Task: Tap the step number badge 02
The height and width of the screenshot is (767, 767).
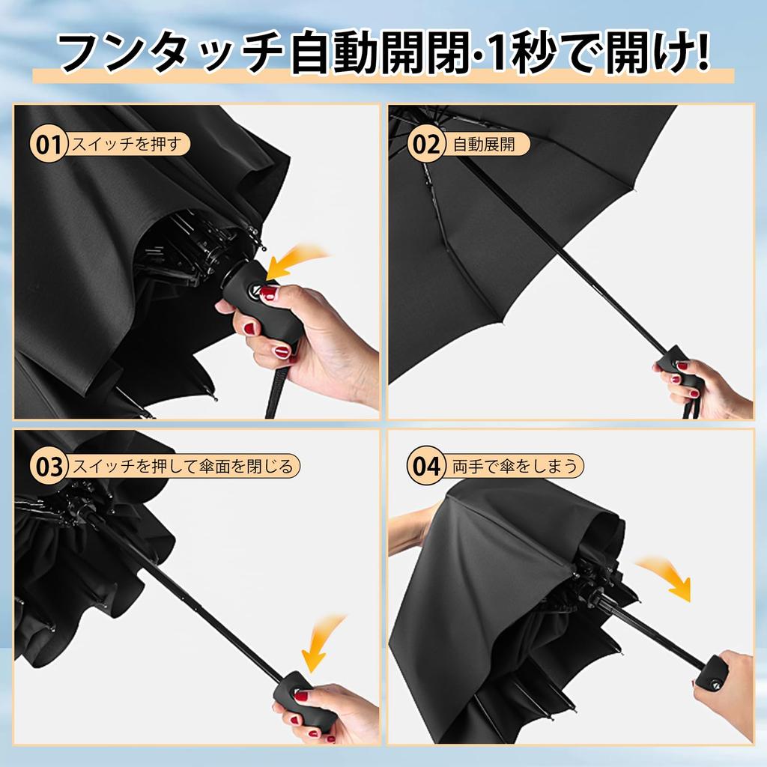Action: point(426,145)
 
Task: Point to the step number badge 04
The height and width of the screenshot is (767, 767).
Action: point(426,467)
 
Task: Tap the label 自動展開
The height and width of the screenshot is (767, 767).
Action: point(484,144)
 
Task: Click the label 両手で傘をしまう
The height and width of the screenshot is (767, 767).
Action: point(515,466)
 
